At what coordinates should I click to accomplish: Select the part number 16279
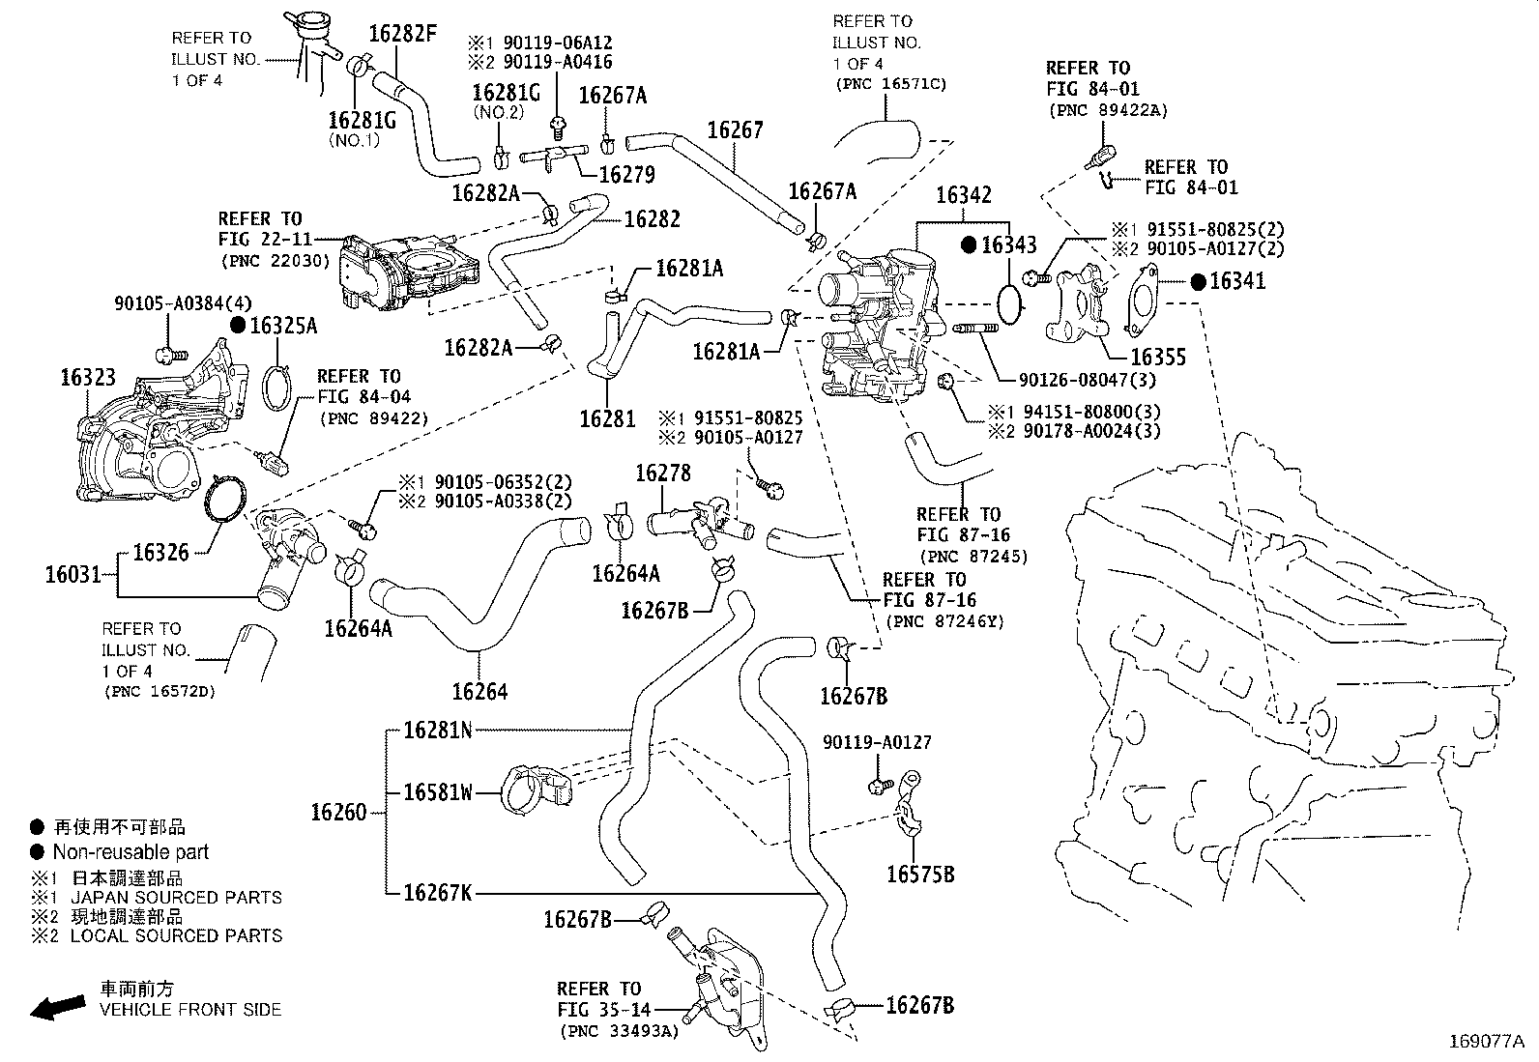626,175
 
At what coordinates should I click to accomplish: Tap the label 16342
963,196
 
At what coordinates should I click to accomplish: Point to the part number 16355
1158,358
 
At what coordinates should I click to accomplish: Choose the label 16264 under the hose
479,691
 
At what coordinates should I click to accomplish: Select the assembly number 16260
338,812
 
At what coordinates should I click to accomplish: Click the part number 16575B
920,875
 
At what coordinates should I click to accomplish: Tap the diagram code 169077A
1486,1042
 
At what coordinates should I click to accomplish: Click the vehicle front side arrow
55,1006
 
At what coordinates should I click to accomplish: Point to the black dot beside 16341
1198,281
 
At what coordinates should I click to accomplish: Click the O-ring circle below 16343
1009,301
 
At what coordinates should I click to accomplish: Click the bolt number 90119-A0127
878,742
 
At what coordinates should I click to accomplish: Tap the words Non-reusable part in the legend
131,852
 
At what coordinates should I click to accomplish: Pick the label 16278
663,474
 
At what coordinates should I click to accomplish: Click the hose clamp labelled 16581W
534,788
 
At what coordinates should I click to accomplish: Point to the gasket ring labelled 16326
225,500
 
